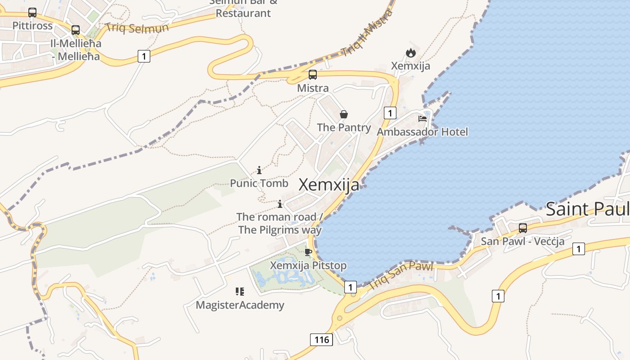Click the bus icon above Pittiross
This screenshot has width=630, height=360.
tap(32, 13)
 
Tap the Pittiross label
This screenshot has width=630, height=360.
tap(32, 26)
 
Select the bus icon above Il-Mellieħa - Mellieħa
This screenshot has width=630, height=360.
tap(76, 30)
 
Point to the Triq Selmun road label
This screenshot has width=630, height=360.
tap(136, 28)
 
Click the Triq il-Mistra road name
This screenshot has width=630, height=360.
tap(366, 33)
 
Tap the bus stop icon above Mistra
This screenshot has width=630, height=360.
tap(313, 75)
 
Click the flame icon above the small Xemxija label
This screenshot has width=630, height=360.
tap(410, 53)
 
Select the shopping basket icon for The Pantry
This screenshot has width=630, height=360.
tap(344, 114)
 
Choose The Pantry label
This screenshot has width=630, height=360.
tap(344, 127)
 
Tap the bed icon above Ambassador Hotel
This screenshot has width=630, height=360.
tap(423, 119)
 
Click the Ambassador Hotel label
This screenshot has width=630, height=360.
tap(422, 132)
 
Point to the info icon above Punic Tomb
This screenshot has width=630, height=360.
tap(259, 170)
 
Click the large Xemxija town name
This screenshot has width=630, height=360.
tap(329, 185)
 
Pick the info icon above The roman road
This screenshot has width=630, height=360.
tap(280, 204)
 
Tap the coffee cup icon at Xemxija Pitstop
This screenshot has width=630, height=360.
tap(308, 252)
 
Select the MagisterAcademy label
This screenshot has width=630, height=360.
tap(240, 305)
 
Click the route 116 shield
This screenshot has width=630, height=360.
tap(322, 339)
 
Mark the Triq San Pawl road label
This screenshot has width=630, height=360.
tap(400, 275)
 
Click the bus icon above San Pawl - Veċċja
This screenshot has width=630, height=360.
tap(523, 228)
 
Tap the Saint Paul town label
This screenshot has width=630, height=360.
tap(587, 209)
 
